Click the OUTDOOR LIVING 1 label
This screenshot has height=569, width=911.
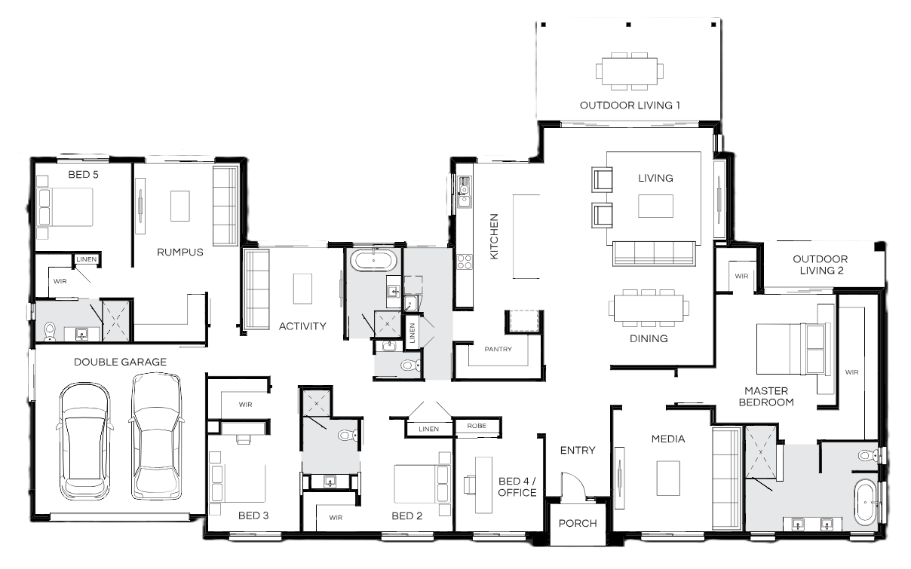click(630, 106)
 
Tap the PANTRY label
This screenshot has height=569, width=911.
click(498, 349)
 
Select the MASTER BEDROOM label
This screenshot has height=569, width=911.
click(766, 396)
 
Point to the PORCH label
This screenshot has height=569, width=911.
click(578, 524)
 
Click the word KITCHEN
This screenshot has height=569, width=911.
click(494, 237)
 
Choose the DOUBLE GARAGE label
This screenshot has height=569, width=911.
click(120, 363)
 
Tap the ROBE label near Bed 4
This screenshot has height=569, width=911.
click(477, 426)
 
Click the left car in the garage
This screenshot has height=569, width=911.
click(84, 441)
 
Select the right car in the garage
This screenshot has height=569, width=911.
click(157, 436)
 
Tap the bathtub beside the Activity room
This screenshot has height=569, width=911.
click(373, 261)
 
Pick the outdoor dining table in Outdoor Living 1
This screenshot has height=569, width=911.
click(630, 71)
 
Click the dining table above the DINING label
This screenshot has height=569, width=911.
click(649, 308)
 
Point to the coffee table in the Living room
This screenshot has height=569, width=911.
click(655, 206)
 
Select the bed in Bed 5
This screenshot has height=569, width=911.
click(65, 207)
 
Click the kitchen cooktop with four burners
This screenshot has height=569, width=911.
click(465, 262)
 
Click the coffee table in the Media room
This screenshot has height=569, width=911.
click(668, 478)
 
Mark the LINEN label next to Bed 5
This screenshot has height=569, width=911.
click(87, 259)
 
